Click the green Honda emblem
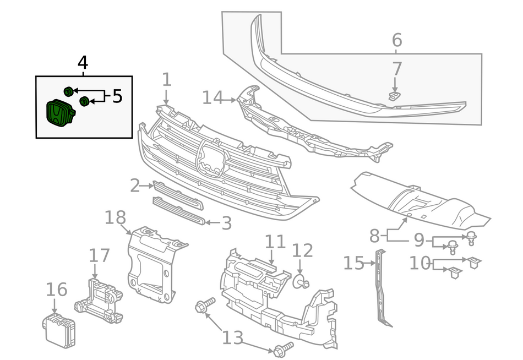[61, 113]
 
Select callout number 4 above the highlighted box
[83, 63]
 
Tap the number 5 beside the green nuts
[117, 96]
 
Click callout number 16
[56, 290]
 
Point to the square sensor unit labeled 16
[59, 331]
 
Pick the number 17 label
[99, 255]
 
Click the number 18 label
[115, 217]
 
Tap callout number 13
[233, 337]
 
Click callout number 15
[354, 263]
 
